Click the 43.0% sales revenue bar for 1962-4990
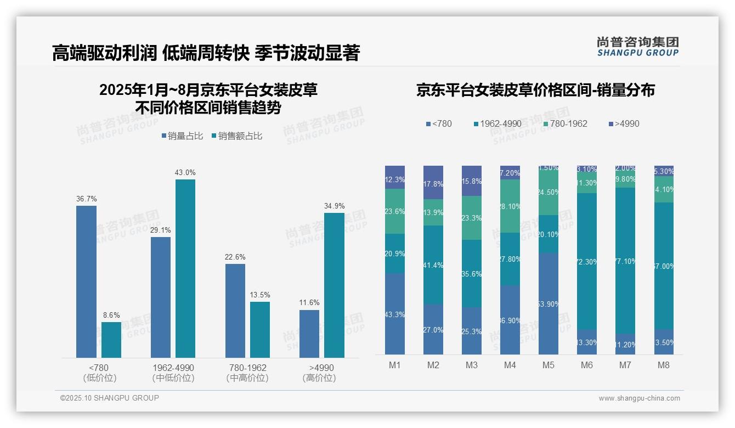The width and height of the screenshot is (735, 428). [x=185, y=268]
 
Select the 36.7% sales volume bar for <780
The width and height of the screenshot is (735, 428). [x=86, y=281]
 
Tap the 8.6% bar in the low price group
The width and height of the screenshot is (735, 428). [x=111, y=340]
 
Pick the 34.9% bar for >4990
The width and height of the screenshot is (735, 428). [x=334, y=285]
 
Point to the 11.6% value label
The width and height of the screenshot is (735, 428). [x=309, y=303]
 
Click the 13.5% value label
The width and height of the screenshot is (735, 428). [x=260, y=295]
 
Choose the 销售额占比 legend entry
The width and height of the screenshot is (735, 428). [x=236, y=136]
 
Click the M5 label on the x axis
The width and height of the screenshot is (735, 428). [x=549, y=365]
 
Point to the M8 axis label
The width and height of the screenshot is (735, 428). [x=664, y=365]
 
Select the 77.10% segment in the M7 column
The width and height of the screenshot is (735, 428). [x=625, y=261]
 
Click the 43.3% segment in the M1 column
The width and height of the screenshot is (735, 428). [x=395, y=314]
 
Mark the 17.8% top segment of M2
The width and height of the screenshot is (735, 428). [x=433, y=182]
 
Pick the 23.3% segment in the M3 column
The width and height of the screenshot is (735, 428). [x=472, y=218]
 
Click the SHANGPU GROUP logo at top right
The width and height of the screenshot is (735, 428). [x=637, y=47]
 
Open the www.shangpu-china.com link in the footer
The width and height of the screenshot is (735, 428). [x=639, y=398]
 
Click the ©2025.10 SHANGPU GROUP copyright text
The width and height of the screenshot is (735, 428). [x=110, y=398]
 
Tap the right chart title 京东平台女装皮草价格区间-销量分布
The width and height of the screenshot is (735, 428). [x=535, y=91]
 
